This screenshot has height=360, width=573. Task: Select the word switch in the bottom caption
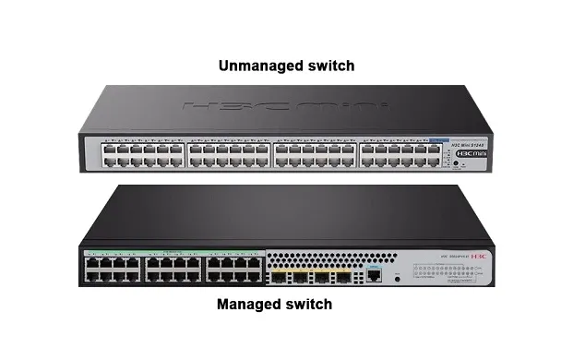pyautogui.click(x=308, y=304)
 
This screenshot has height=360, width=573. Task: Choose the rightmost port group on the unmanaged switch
pyautogui.click(x=397, y=153)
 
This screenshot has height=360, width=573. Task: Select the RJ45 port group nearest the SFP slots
pyautogui.click(x=233, y=269)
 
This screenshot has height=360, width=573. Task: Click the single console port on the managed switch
pyautogui.click(x=373, y=274)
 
